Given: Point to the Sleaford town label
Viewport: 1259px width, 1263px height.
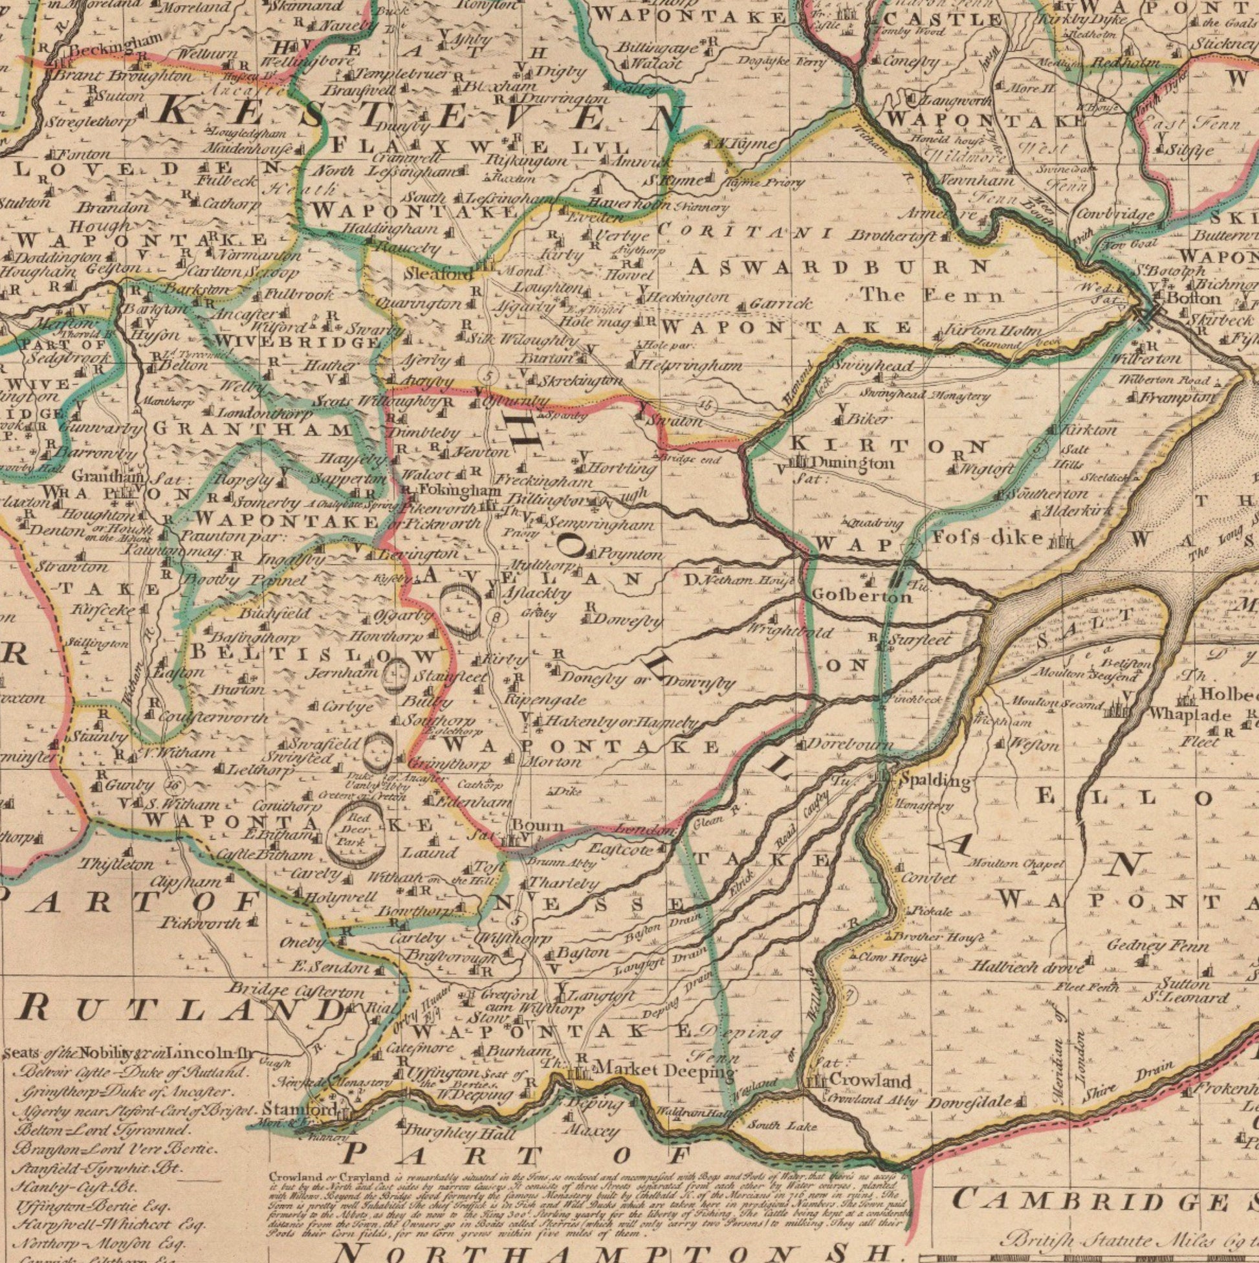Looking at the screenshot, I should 439,274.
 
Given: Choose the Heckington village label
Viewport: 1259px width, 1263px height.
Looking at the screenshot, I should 686,298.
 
